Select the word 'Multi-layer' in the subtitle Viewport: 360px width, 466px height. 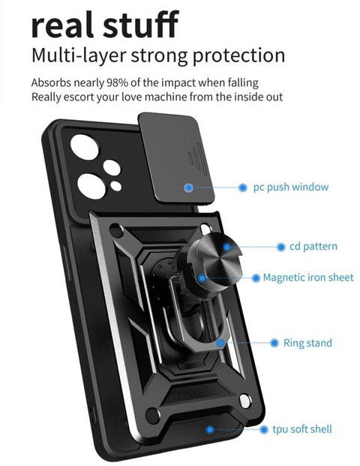click(79, 56)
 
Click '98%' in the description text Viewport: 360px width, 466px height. click(117, 83)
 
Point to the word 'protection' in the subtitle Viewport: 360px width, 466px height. click(238, 56)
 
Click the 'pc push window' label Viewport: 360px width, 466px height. click(291, 188)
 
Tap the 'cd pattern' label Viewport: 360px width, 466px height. click(313, 246)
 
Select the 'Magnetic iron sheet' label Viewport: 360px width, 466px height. click(308, 278)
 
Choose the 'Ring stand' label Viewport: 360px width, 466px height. click(307, 343)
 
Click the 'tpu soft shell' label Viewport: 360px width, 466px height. click(302, 429)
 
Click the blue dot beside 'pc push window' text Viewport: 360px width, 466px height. click(243, 188)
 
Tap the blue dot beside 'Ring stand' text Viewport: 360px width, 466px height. click(274, 343)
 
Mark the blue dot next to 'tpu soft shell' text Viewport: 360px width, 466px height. click(263, 429)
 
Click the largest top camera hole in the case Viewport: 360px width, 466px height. click(85, 147)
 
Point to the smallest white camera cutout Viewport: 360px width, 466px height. click(116, 186)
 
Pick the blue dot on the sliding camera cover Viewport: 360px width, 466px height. click(188, 188)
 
